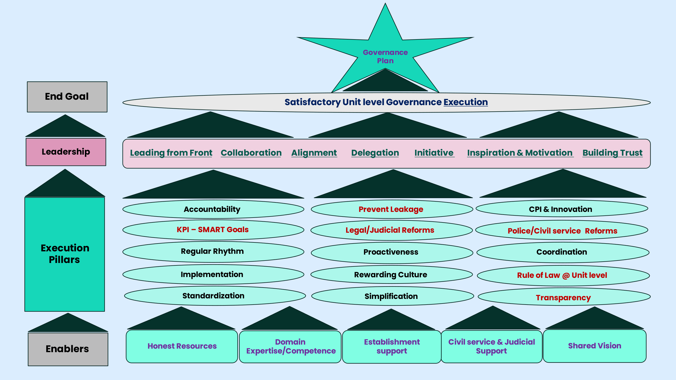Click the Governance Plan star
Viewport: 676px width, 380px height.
[385, 56]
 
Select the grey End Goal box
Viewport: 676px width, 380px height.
[67, 97]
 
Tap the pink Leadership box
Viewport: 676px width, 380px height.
[66, 152]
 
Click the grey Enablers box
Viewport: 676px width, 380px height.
[68, 349]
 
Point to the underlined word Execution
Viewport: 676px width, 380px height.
[466, 102]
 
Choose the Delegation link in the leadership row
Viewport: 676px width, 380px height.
[375, 153]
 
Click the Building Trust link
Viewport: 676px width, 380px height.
[612, 153]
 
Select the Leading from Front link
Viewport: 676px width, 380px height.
[171, 153]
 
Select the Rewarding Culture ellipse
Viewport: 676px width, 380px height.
[391, 275]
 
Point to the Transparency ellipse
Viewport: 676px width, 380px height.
[564, 297]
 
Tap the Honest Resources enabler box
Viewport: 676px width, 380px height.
[182, 346]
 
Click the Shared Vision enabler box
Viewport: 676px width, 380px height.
[595, 346]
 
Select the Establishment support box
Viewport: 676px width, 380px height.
[392, 346]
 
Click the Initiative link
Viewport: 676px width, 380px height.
[434, 153]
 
